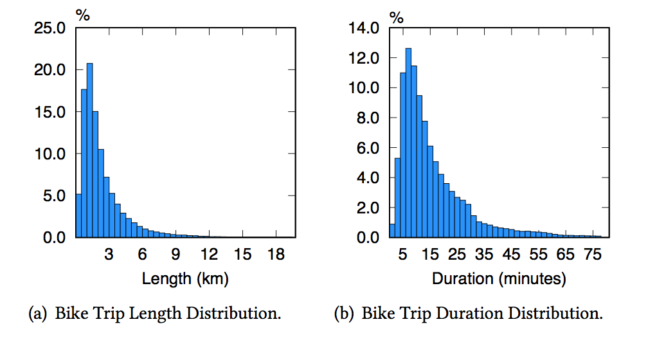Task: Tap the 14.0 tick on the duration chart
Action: (365, 28)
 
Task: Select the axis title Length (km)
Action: (185, 279)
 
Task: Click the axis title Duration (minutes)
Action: (499, 279)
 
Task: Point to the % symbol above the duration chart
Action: (397, 17)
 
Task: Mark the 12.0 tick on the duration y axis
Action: (365, 58)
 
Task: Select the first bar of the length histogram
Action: (78, 216)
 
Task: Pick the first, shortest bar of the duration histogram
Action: (392, 231)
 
